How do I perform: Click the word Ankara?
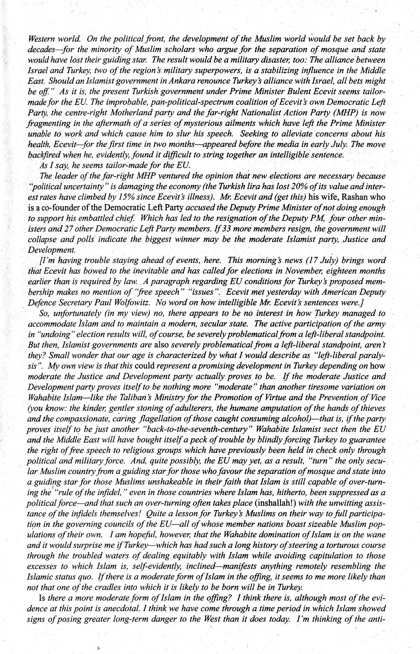(x=167, y=81)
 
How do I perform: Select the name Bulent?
(x=309, y=92)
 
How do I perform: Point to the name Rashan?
(x=348, y=197)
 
